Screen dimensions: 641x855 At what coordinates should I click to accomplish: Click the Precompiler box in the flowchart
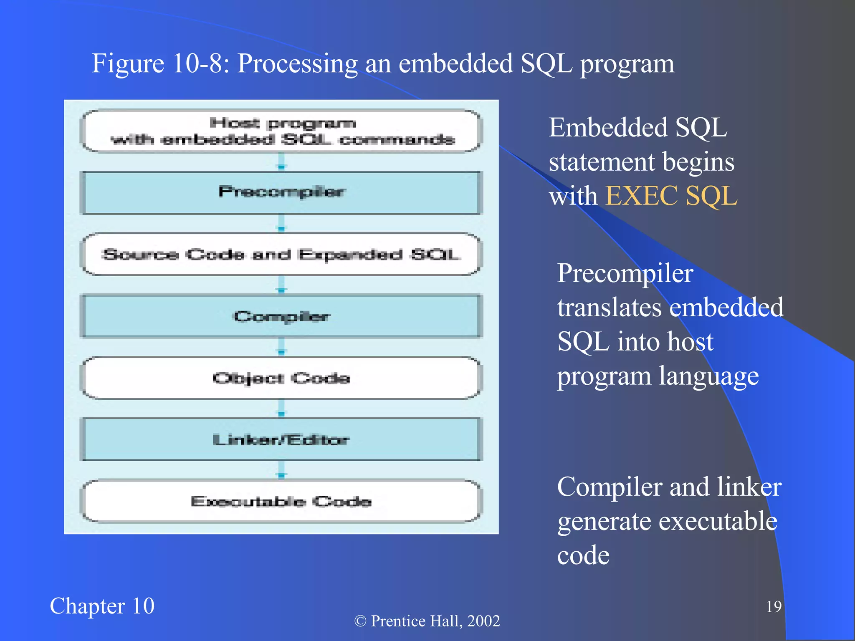(x=282, y=193)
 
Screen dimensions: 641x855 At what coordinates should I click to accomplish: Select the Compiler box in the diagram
(x=282, y=316)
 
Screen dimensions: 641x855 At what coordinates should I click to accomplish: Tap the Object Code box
(x=282, y=378)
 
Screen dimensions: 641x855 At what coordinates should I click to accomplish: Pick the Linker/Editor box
(x=282, y=439)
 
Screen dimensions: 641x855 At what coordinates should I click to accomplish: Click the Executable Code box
(x=282, y=501)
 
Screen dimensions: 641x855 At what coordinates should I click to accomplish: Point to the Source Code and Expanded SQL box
(x=282, y=254)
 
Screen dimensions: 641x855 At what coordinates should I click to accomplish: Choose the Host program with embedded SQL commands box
(x=282, y=131)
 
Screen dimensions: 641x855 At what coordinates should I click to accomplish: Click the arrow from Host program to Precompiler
(x=282, y=162)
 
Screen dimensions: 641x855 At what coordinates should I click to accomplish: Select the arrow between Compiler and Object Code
(x=282, y=347)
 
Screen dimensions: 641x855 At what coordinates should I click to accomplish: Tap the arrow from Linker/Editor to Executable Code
(x=282, y=470)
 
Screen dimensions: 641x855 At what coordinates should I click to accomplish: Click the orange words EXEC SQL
(x=671, y=196)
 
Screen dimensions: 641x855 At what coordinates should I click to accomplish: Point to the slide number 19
(x=774, y=606)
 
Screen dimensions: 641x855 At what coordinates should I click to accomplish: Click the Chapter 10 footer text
(x=102, y=606)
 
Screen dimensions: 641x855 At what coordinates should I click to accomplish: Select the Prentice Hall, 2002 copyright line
(x=427, y=621)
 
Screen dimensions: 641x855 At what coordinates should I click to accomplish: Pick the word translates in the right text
(x=610, y=308)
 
